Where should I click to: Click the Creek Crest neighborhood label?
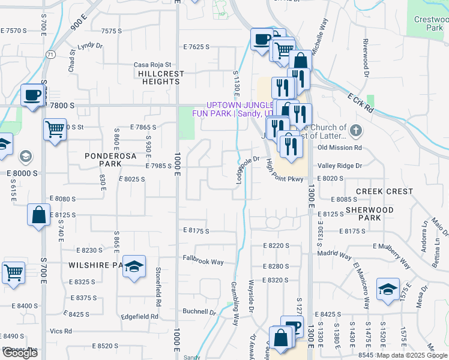tap(384, 191)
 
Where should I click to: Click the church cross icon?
tap(356, 130)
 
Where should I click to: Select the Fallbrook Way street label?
tap(203, 262)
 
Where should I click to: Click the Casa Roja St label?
tap(152, 65)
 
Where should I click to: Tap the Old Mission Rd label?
tap(339, 148)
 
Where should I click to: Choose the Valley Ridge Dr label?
tap(340, 166)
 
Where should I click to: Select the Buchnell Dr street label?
tap(199, 312)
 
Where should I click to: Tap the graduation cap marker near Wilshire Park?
tap(135, 268)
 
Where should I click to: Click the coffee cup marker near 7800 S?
tap(32, 95)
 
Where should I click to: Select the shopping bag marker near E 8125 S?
tap(38, 215)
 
